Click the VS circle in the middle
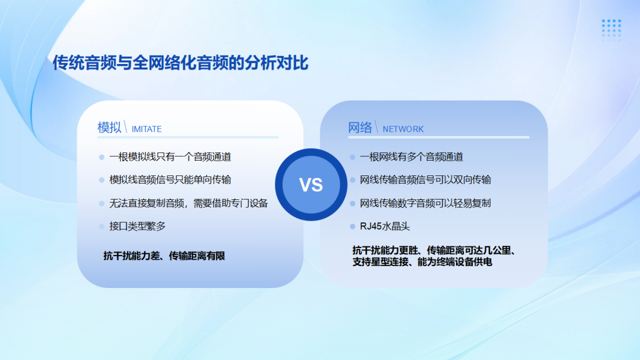(x=311, y=185)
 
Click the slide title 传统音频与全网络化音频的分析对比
(x=180, y=62)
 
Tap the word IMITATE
(x=147, y=129)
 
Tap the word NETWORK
(x=403, y=129)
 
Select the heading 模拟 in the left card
(x=109, y=127)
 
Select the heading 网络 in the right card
(x=360, y=127)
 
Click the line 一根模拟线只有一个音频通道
(x=170, y=157)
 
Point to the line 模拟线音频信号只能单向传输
(x=170, y=180)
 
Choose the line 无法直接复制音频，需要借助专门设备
(x=189, y=203)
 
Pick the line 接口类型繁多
(x=138, y=226)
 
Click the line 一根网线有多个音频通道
(x=411, y=157)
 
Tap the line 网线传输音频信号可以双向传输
(x=426, y=180)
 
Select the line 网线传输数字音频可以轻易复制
(x=426, y=203)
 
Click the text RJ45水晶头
(x=385, y=226)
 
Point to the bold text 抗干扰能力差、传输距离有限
(x=164, y=255)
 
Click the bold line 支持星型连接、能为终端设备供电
(x=422, y=262)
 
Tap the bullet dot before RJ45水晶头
(x=353, y=227)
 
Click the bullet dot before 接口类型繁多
(x=102, y=227)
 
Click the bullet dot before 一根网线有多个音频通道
(x=353, y=157)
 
